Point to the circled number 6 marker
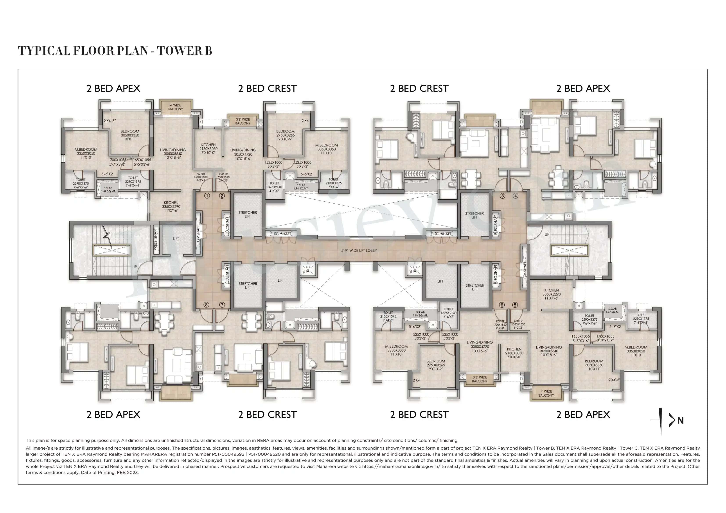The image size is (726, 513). [x=501, y=305]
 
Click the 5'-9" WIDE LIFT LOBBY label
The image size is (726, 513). [x=359, y=250]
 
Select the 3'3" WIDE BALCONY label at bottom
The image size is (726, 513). [x=480, y=379]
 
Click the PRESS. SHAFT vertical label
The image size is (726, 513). [x=155, y=239]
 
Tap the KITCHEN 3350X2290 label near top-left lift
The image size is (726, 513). [x=171, y=206]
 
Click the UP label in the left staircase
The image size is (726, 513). [x=134, y=267]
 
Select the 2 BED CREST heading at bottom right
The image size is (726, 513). [x=419, y=414]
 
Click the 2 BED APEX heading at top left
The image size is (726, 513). [x=113, y=89]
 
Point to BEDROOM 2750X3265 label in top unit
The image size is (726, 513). [x=285, y=135]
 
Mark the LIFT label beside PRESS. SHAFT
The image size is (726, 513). [x=176, y=239]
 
